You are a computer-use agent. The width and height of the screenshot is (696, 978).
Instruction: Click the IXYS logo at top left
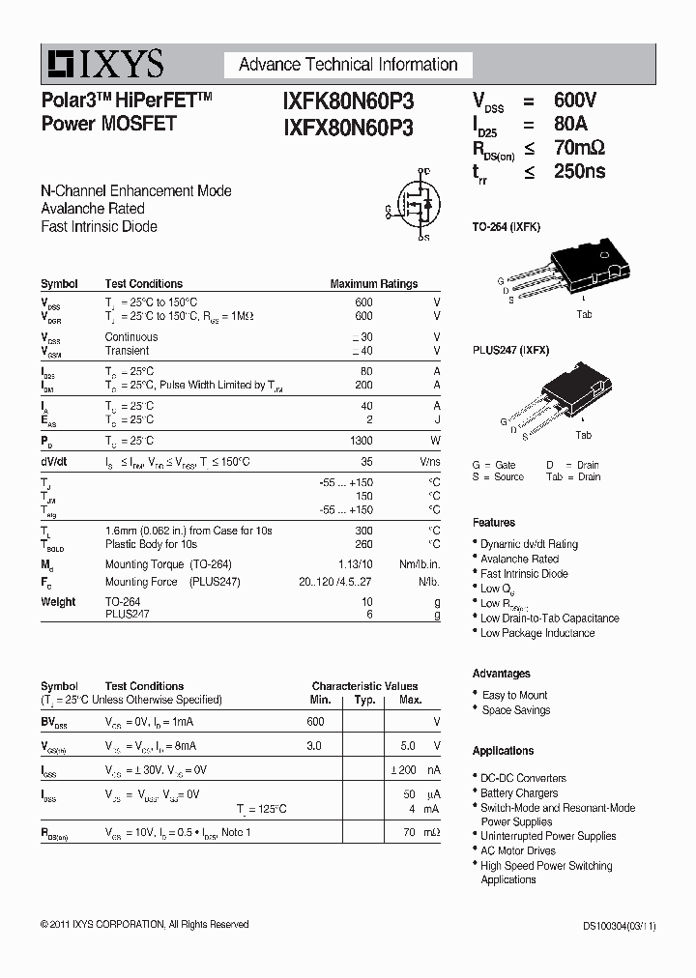click(x=102, y=64)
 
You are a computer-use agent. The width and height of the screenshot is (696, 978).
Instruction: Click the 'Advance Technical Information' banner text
click(x=348, y=65)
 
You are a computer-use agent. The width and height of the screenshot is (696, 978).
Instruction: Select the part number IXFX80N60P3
click(x=348, y=127)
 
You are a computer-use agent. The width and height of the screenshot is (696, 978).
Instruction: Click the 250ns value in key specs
click(x=580, y=171)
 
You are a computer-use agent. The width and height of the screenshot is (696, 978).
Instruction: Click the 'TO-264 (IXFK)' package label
click(x=507, y=226)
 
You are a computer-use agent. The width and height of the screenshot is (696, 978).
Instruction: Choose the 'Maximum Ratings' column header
click(x=374, y=284)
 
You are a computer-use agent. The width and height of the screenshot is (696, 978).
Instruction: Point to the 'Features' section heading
click(x=494, y=523)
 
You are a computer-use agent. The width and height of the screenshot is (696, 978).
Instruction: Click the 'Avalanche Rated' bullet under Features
click(x=519, y=559)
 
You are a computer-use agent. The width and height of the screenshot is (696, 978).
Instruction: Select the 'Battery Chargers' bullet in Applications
click(x=519, y=792)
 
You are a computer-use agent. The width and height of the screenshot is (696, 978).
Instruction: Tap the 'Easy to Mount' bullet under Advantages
click(x=514, y=695)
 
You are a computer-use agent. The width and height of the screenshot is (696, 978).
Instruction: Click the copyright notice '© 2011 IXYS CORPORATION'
click(x=144, y=925)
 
